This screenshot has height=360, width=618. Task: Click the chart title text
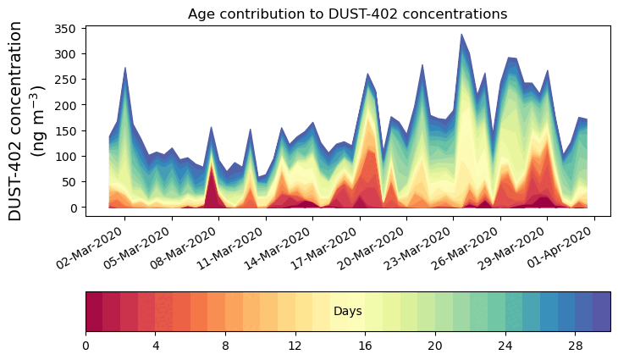[x=347, y=14]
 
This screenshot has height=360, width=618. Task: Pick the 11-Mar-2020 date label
[x=236, y=244]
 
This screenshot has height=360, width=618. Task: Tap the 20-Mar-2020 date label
[x=377, y=244]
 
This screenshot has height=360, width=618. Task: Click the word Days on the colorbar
[x=348, y=312]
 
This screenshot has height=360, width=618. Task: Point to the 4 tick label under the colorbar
[x=156, y=346]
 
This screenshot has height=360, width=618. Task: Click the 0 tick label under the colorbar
[x=86, y=346]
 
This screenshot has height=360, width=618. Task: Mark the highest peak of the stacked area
[x=461, y=35]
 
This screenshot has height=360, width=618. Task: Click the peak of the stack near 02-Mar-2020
[x=125, y=69]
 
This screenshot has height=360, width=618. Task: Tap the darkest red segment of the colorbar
[x=94, y=311]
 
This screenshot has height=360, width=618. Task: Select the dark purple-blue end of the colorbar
[x=602, y=311]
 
